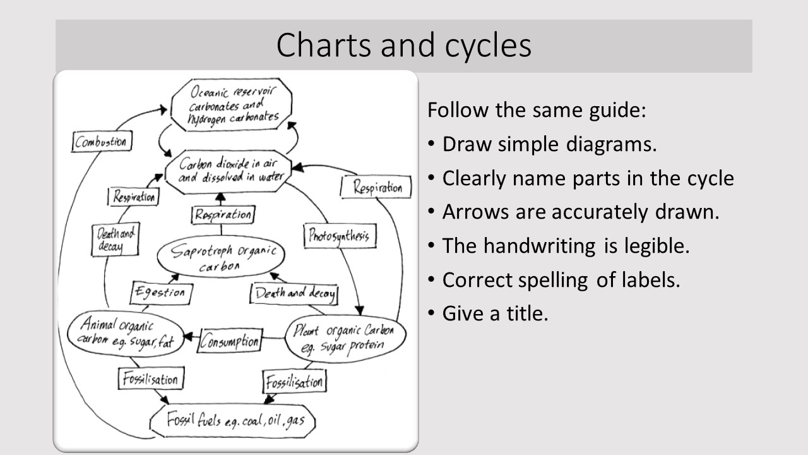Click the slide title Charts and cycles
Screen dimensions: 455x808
403,45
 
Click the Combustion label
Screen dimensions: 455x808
100,142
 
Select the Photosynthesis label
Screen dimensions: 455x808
340,236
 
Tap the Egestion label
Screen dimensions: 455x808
161,293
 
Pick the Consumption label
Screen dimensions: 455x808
230,342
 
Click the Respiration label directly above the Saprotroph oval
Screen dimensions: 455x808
222,215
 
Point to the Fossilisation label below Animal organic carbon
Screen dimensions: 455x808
150,379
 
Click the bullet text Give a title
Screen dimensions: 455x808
495,313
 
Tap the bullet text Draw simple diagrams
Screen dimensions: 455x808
549,144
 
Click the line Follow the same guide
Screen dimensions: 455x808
537,110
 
